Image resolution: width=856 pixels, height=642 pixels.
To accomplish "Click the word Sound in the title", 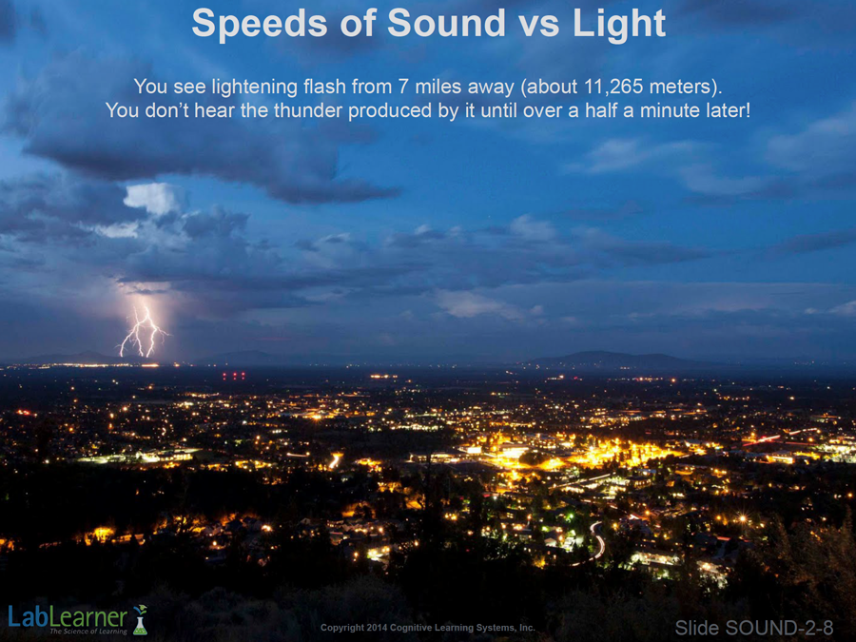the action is pos(446,24).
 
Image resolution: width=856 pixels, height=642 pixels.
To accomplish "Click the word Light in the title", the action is pos(618,25).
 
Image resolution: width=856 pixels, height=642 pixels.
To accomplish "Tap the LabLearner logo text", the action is pos(68,617).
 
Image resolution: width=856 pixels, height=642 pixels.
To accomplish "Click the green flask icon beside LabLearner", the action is pos(141,620).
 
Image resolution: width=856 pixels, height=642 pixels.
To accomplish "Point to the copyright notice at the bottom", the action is pos(427,628).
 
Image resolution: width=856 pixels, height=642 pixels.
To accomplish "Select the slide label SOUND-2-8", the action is pos(754,628).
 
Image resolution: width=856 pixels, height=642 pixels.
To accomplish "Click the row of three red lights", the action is pos(234,375).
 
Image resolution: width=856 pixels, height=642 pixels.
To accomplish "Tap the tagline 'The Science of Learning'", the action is pos(88,632).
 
